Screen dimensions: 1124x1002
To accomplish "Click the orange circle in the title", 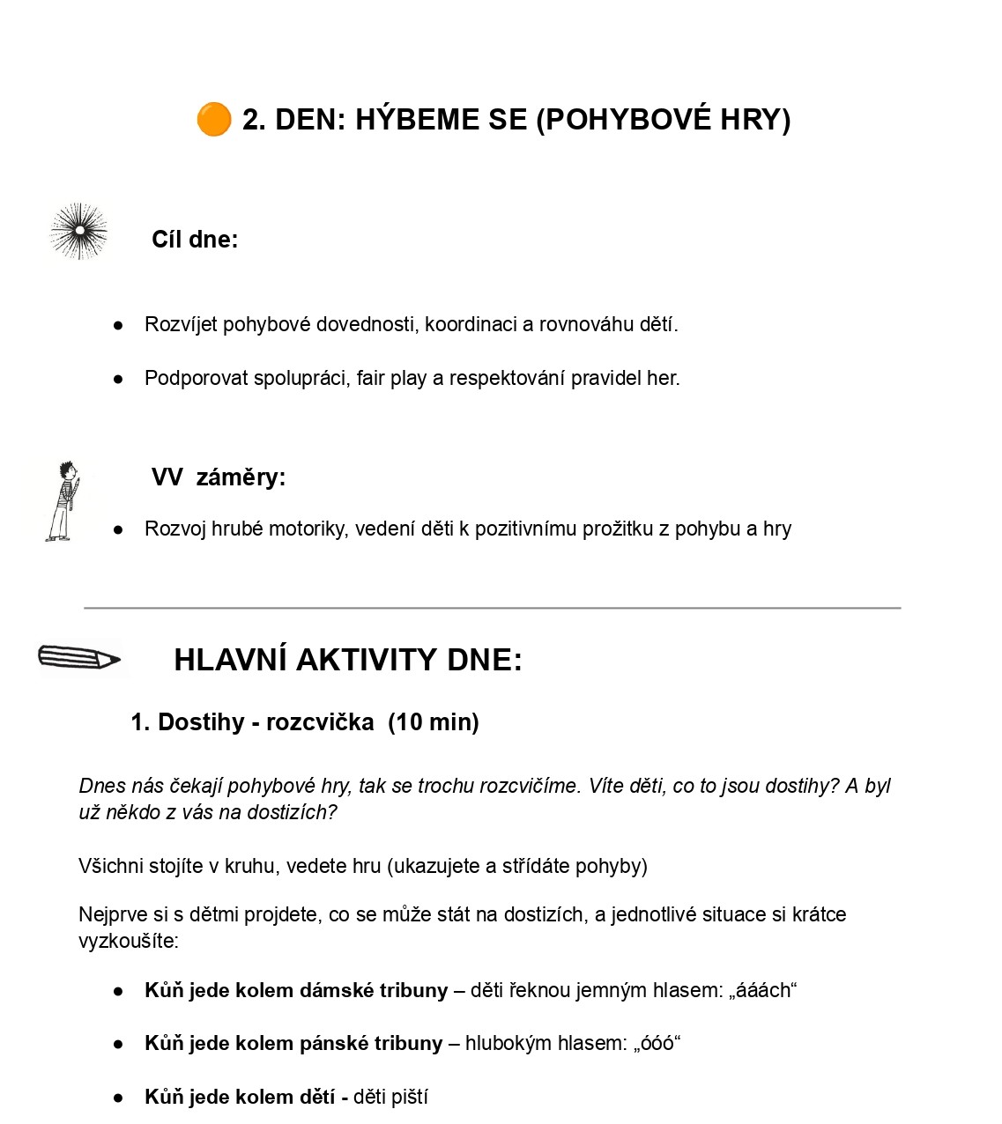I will (213, 120).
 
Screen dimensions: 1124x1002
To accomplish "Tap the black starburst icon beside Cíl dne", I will (79, 232).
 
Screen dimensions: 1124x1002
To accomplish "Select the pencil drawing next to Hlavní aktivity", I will (78, 658).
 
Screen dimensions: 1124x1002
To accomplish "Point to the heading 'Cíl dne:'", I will (195, 240).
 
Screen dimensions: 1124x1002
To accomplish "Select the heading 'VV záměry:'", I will (219, 477).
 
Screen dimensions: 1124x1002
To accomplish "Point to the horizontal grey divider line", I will (492, 608).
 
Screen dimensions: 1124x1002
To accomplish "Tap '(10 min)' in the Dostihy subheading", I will (434, 722).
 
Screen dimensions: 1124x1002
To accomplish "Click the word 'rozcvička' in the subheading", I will (320, 722).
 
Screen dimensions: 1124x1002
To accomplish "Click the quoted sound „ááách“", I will (762, 990).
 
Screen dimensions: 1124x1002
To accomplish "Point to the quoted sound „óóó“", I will (657, 1043).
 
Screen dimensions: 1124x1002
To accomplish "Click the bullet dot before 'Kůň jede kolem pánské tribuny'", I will (118, 1044).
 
